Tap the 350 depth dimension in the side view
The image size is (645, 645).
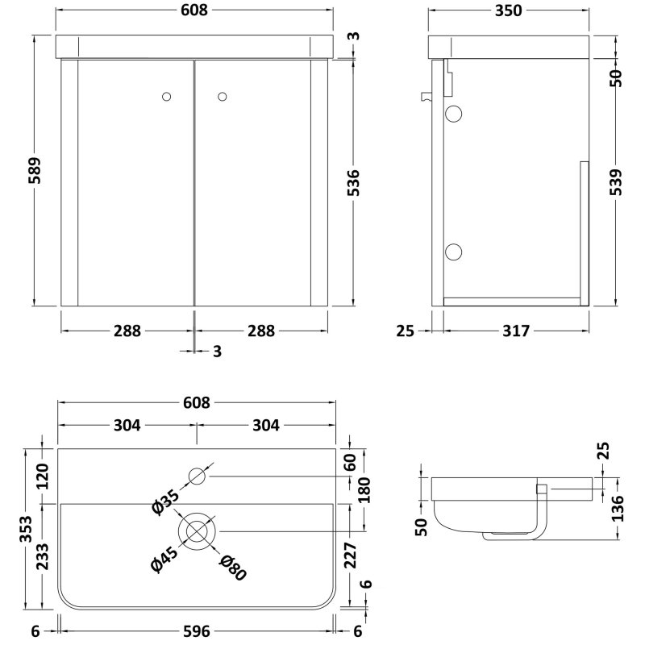click(507, 10)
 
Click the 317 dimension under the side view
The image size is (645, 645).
click(513, 331)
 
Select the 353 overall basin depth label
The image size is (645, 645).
click(26, 529)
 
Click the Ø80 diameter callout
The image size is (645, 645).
click(231, 567)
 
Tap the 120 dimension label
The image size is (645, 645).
click(45, 476)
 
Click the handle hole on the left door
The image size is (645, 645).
click(167, 97)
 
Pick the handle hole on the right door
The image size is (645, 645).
click(223, 97)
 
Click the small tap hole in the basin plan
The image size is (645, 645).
click(197, 476)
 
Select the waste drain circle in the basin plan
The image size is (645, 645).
click(197, 531)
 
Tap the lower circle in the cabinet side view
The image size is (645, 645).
click(454, 252)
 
